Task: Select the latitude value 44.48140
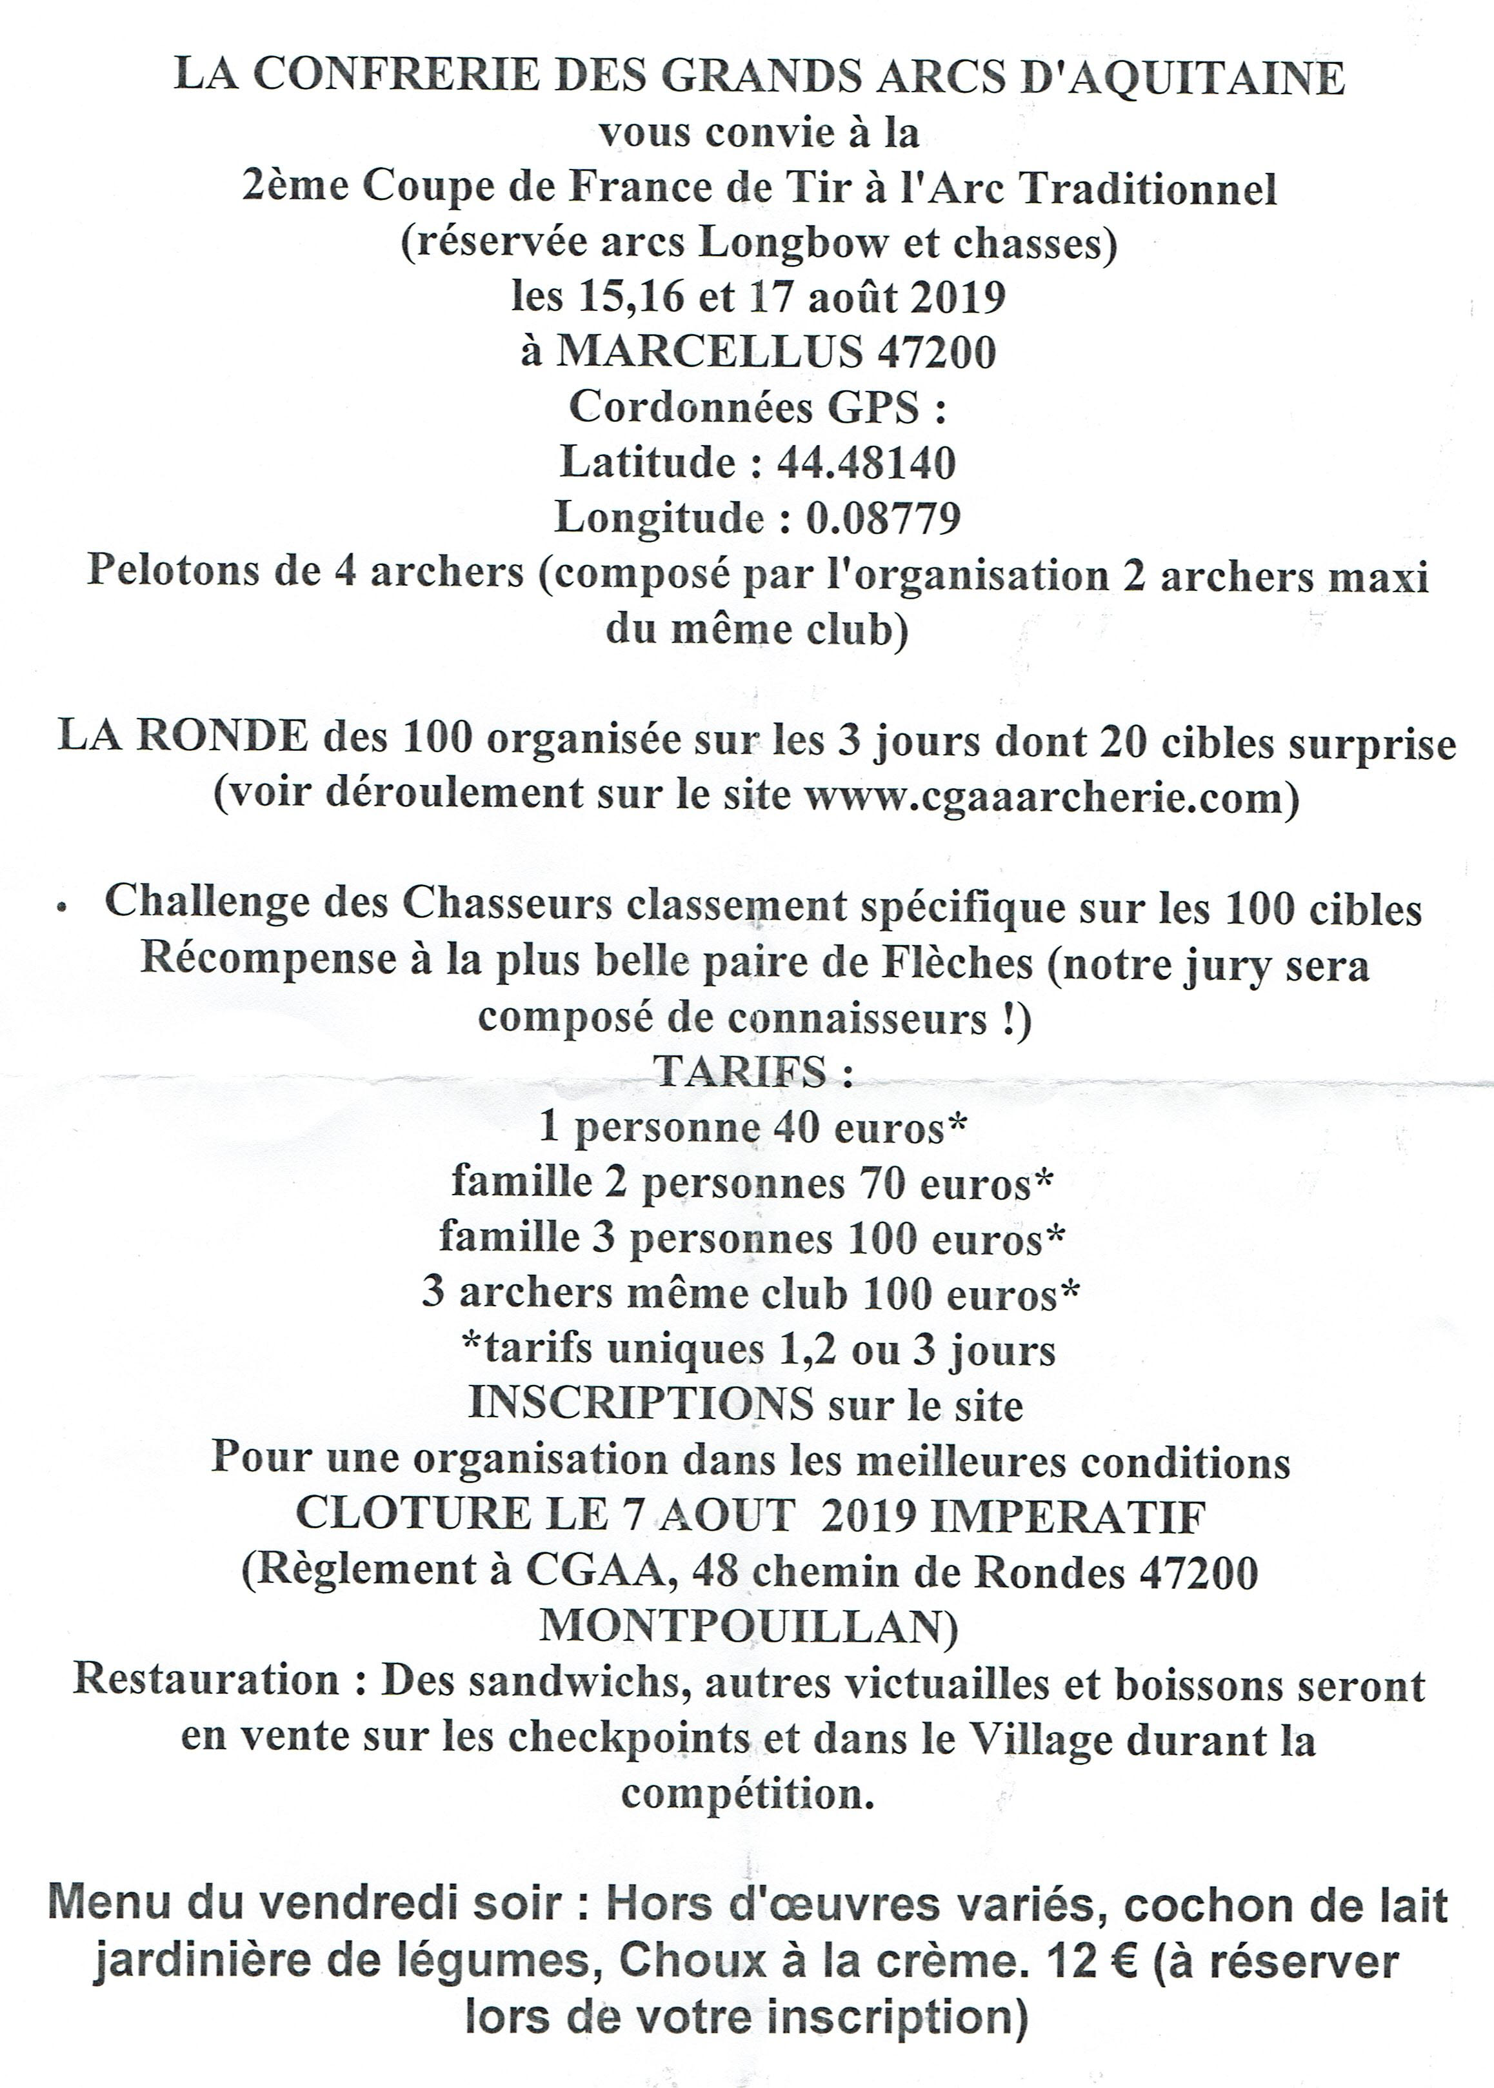click(866, 462)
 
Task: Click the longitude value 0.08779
click(883, 518)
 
